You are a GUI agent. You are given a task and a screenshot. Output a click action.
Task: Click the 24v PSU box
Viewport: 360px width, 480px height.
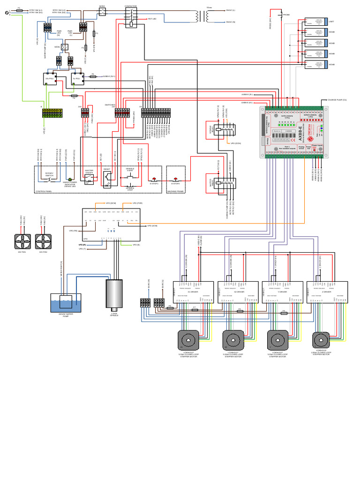click(50, 79)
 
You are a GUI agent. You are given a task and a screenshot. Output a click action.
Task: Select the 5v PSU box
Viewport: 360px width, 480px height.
click(77, 79)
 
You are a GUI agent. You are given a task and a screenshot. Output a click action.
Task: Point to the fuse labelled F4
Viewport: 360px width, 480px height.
click(74, 95)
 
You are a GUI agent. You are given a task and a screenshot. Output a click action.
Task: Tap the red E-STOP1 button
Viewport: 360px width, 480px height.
click(154, 179)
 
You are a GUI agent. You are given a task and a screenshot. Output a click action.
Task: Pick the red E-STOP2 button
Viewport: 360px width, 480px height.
click(175, 179)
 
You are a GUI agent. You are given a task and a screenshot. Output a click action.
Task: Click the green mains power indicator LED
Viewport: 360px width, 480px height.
click(70, 180)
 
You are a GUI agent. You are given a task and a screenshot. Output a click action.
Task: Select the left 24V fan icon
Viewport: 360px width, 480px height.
click(22, 241)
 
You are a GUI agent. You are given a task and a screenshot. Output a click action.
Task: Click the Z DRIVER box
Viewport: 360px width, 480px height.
click(327, 292)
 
